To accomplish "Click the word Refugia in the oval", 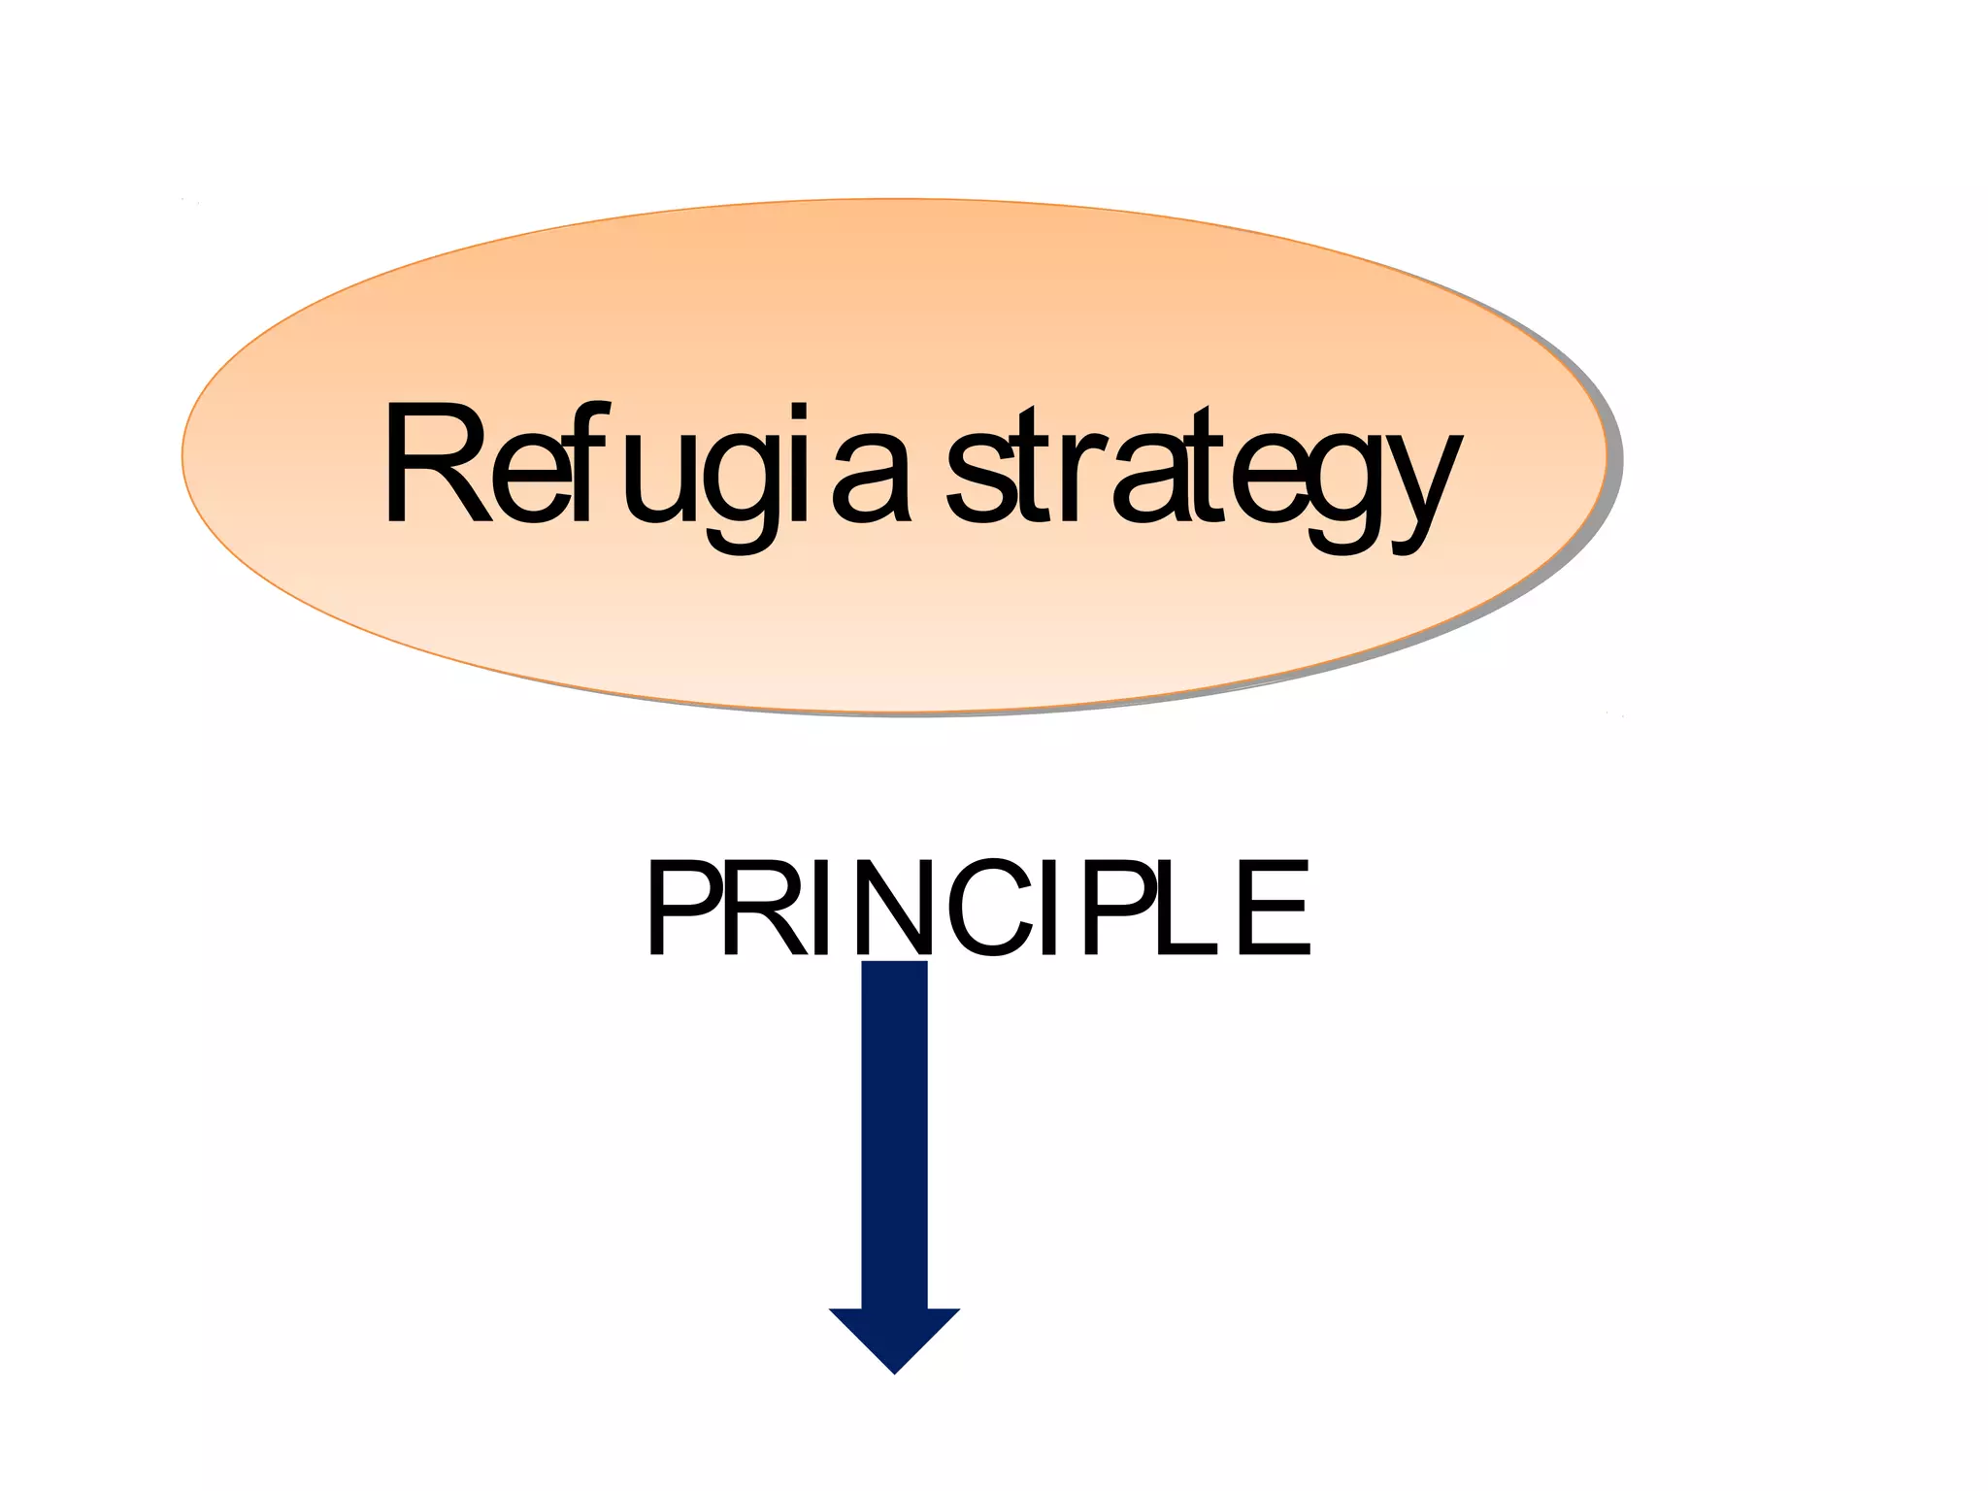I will tap(646, 466).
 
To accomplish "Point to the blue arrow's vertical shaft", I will tap(894, 1136).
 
